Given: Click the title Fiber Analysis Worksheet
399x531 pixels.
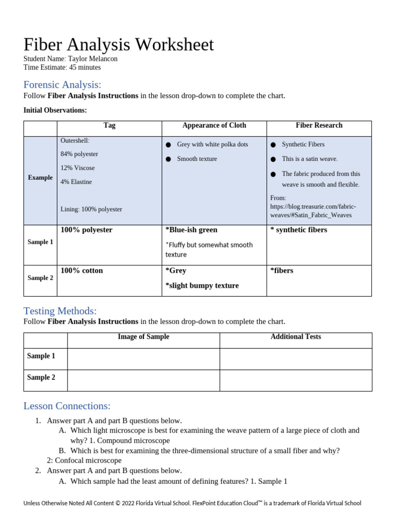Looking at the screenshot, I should tap(118, 45).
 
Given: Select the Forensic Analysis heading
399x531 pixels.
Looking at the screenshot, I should tap(62, 85).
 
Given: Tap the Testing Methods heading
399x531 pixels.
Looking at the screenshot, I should tap(60, 311).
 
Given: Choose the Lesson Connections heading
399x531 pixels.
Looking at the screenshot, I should tap(67, 406).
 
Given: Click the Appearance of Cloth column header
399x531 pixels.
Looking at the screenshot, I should tap(214, 125).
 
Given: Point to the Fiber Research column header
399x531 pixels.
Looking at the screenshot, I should tap(319, 125).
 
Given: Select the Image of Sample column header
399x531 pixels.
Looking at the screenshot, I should tap(143, 337).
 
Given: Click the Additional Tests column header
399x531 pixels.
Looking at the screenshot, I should tap(296, 337).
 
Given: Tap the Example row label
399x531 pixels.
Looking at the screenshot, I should tap(40, 178).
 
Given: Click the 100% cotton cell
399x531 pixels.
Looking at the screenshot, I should tap(82, 271).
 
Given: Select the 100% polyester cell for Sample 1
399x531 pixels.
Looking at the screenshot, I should tap(86, 230).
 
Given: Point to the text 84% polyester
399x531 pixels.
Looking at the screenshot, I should tap(79, 154).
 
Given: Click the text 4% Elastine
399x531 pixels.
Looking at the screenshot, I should tap(76, 182).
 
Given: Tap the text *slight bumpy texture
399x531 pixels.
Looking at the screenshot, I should tap(202, 286).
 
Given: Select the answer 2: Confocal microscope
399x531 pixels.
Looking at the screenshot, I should tap(84, 460).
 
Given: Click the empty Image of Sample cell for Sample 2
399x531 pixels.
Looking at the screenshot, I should tap(143, 380).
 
